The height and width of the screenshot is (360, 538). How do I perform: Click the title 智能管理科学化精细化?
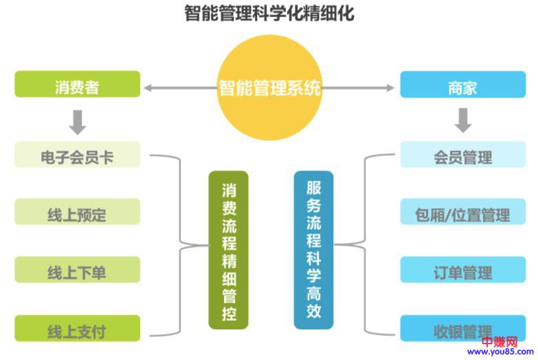coord(269,13)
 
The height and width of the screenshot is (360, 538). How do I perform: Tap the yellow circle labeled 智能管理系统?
coord(269,88)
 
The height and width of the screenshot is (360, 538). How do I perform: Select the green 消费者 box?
coord(77,87)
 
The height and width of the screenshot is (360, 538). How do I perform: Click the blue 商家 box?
coord(462,88)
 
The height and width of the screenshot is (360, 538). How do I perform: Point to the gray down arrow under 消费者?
coord(78,121)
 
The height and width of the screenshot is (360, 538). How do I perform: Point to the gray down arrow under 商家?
coord(463,121)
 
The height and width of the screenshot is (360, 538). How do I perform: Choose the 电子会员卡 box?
coord(77,156)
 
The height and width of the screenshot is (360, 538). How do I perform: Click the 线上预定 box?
coord(77,214)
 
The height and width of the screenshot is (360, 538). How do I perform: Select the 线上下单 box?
coord(77,271)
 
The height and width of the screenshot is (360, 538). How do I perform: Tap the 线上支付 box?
coord(77,330)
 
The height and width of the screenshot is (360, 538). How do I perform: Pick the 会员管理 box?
coord(462,156)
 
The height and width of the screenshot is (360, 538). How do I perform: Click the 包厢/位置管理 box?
coord(462,214)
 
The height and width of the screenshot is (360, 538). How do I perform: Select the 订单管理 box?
coord(462,271)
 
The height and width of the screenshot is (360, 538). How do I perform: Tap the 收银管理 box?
coord(462,330)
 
